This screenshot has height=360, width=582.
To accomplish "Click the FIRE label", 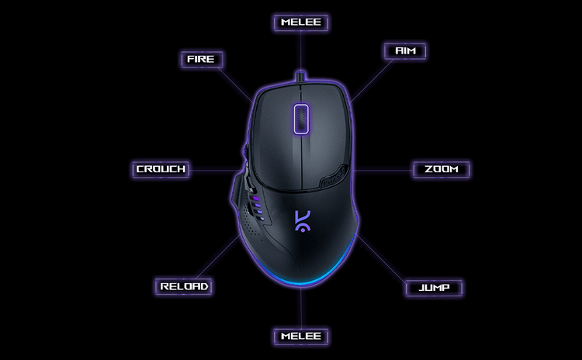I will (x=202, y=59).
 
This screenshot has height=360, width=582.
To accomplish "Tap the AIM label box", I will (x=405, y=51).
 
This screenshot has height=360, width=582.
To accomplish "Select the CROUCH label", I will (x=161, y=169).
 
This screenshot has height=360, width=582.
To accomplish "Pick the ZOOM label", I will (x=442, y=169).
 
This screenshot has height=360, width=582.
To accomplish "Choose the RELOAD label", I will (x=185, y=286).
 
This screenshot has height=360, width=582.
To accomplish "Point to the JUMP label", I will (x=434, y=288).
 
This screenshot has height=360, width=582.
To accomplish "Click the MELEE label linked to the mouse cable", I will (x=301, y=22).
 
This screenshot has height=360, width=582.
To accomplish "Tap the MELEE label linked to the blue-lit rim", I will (x=301, y=336).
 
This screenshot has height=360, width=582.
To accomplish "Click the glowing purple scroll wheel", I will (x=301, y=120).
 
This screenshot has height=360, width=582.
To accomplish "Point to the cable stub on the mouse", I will (x=301, y=78).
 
